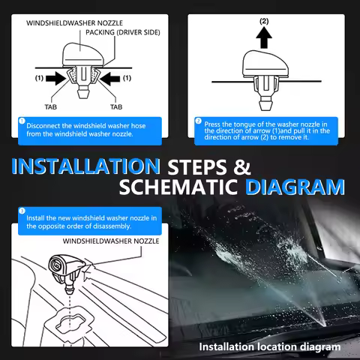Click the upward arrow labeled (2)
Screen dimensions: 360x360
264,37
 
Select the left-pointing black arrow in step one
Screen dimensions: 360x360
110,79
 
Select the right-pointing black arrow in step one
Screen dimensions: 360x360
56,79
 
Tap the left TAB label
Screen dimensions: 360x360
51,107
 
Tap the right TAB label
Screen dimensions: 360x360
116,107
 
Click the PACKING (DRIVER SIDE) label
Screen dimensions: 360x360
123,32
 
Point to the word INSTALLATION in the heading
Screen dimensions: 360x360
85,166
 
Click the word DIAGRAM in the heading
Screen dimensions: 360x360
295,187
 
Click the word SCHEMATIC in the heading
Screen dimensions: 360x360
178,187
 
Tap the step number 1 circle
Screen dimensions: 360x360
22,121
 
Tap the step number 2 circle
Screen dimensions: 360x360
198,121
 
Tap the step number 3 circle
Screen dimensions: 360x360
22,211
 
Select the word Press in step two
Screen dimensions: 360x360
212,124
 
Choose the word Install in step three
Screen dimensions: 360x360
35,218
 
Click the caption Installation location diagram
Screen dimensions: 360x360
270,347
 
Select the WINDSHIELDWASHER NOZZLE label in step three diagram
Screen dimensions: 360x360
111,241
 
